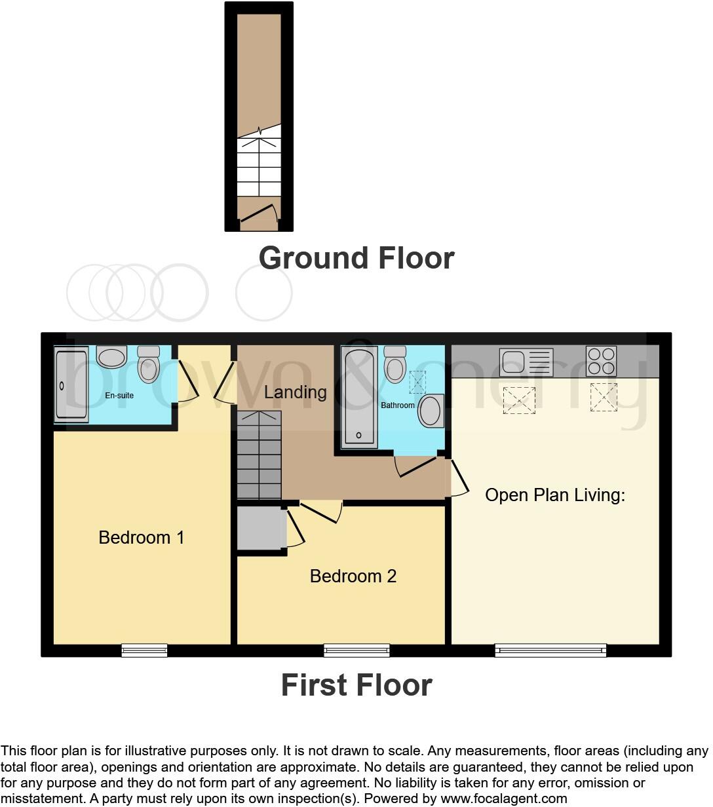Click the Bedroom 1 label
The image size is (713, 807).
pyautogui.click(x=141, y=538)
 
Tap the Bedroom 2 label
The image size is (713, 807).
pyautogui.click(x=353, y=576)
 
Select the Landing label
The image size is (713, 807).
pyautogui.click(x=295, y=392)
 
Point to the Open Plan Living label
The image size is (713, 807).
pyautogui.click(x=554, y=495)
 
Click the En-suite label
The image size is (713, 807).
pyautogui.click(x=119, y=396)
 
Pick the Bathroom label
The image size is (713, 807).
pyautogui.click(x=398, y=405)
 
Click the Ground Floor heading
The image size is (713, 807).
pyautogui.click(x=356, y=258)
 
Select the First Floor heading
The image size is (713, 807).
pyautogui.click(x=356, y=685)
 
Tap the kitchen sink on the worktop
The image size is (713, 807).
pyautogui.click(x=526, y=362)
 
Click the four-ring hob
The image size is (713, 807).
pyautogui.click(x=601, y=361)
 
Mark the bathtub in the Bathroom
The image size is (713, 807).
pyautogui.click(x=359, y=397)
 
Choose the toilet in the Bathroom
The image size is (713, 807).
pyautogui.click(x=395, y=364)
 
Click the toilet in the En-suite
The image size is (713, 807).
pyautogui.click(x=149, y=364)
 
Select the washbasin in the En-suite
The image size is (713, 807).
pyautogui.click(x=111, y=357)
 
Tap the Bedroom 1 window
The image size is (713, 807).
pyautogui.click(x=144, y=650)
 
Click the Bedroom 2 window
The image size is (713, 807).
pyautogui.click(x=357, y=650)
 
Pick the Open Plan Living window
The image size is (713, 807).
pyautogui.click(x=550, y=650)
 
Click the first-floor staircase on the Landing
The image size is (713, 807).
pyautogui.click(x=259, y=455)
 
